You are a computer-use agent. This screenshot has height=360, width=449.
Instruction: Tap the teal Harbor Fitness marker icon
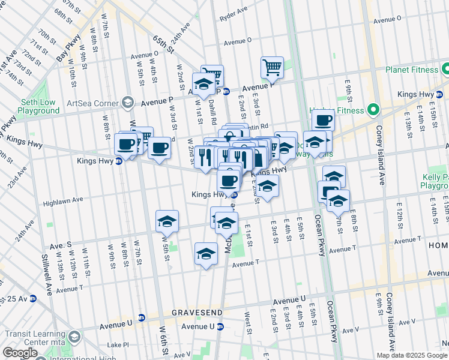373,110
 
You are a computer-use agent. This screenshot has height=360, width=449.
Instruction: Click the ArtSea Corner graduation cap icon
127,103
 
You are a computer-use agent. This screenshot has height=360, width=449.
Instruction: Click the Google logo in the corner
20,353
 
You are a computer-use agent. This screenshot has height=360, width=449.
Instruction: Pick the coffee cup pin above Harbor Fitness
323,119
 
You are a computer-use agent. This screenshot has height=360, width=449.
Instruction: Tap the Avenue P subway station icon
226,91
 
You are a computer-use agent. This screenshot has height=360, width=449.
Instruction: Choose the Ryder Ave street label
234,27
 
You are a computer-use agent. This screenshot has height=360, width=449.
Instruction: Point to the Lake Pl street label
118,345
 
